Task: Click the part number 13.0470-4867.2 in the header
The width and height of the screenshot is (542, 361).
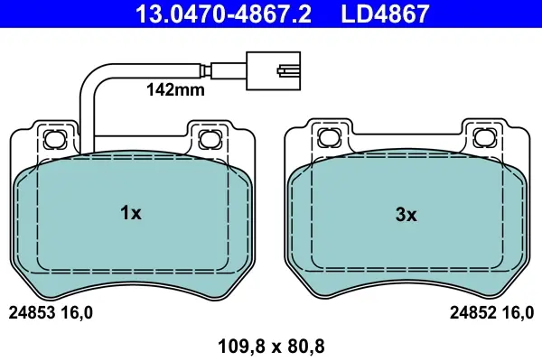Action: coord(223,14)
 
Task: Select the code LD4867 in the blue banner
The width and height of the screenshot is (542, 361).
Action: coord(385,14)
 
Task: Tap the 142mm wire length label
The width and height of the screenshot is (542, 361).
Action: coord(175,90)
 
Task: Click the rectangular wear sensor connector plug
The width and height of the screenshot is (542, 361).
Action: coord(273,70)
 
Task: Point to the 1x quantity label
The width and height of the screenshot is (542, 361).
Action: coord(131,213)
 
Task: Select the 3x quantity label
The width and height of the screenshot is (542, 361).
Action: coord(406,215)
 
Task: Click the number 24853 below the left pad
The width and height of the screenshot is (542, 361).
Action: coord(32,313)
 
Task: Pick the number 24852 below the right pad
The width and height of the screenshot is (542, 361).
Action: coord(472,313)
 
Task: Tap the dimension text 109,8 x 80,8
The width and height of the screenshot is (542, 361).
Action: coord(271,347)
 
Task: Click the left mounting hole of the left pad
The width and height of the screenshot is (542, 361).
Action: coord(55,139)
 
